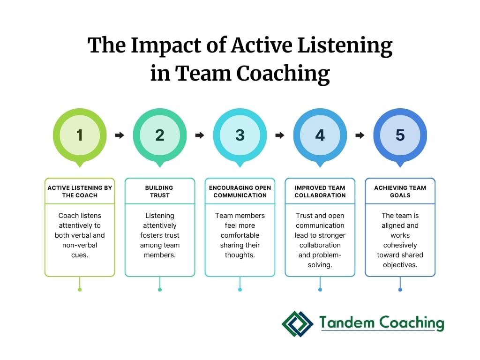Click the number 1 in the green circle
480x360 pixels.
(80, 135)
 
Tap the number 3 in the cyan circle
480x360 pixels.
(240, 135)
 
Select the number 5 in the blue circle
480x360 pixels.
(400, 135)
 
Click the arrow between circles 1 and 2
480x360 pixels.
(120, 135)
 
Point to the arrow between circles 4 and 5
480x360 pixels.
(360, 135)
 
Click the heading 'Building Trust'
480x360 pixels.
(160, 191)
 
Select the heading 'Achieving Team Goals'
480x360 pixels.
(400, 191)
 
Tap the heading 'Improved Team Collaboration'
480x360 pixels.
(320, 191)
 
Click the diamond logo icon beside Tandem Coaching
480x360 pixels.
(298, 324)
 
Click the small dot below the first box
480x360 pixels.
(80, 290)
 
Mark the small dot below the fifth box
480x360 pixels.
(400, 290)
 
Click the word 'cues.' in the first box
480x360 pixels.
(80, 255)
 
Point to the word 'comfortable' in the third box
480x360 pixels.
(240, 235)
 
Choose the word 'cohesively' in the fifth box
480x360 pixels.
(400, 245)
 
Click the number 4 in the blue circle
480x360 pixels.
(320, 135)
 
